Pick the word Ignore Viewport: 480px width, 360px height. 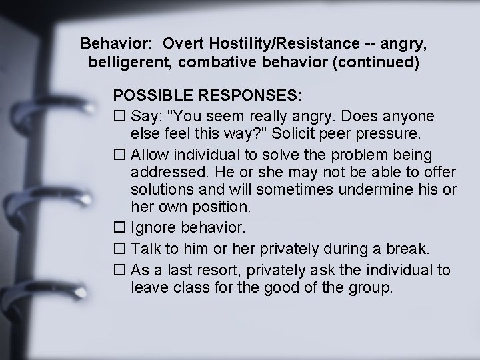[154, 229]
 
